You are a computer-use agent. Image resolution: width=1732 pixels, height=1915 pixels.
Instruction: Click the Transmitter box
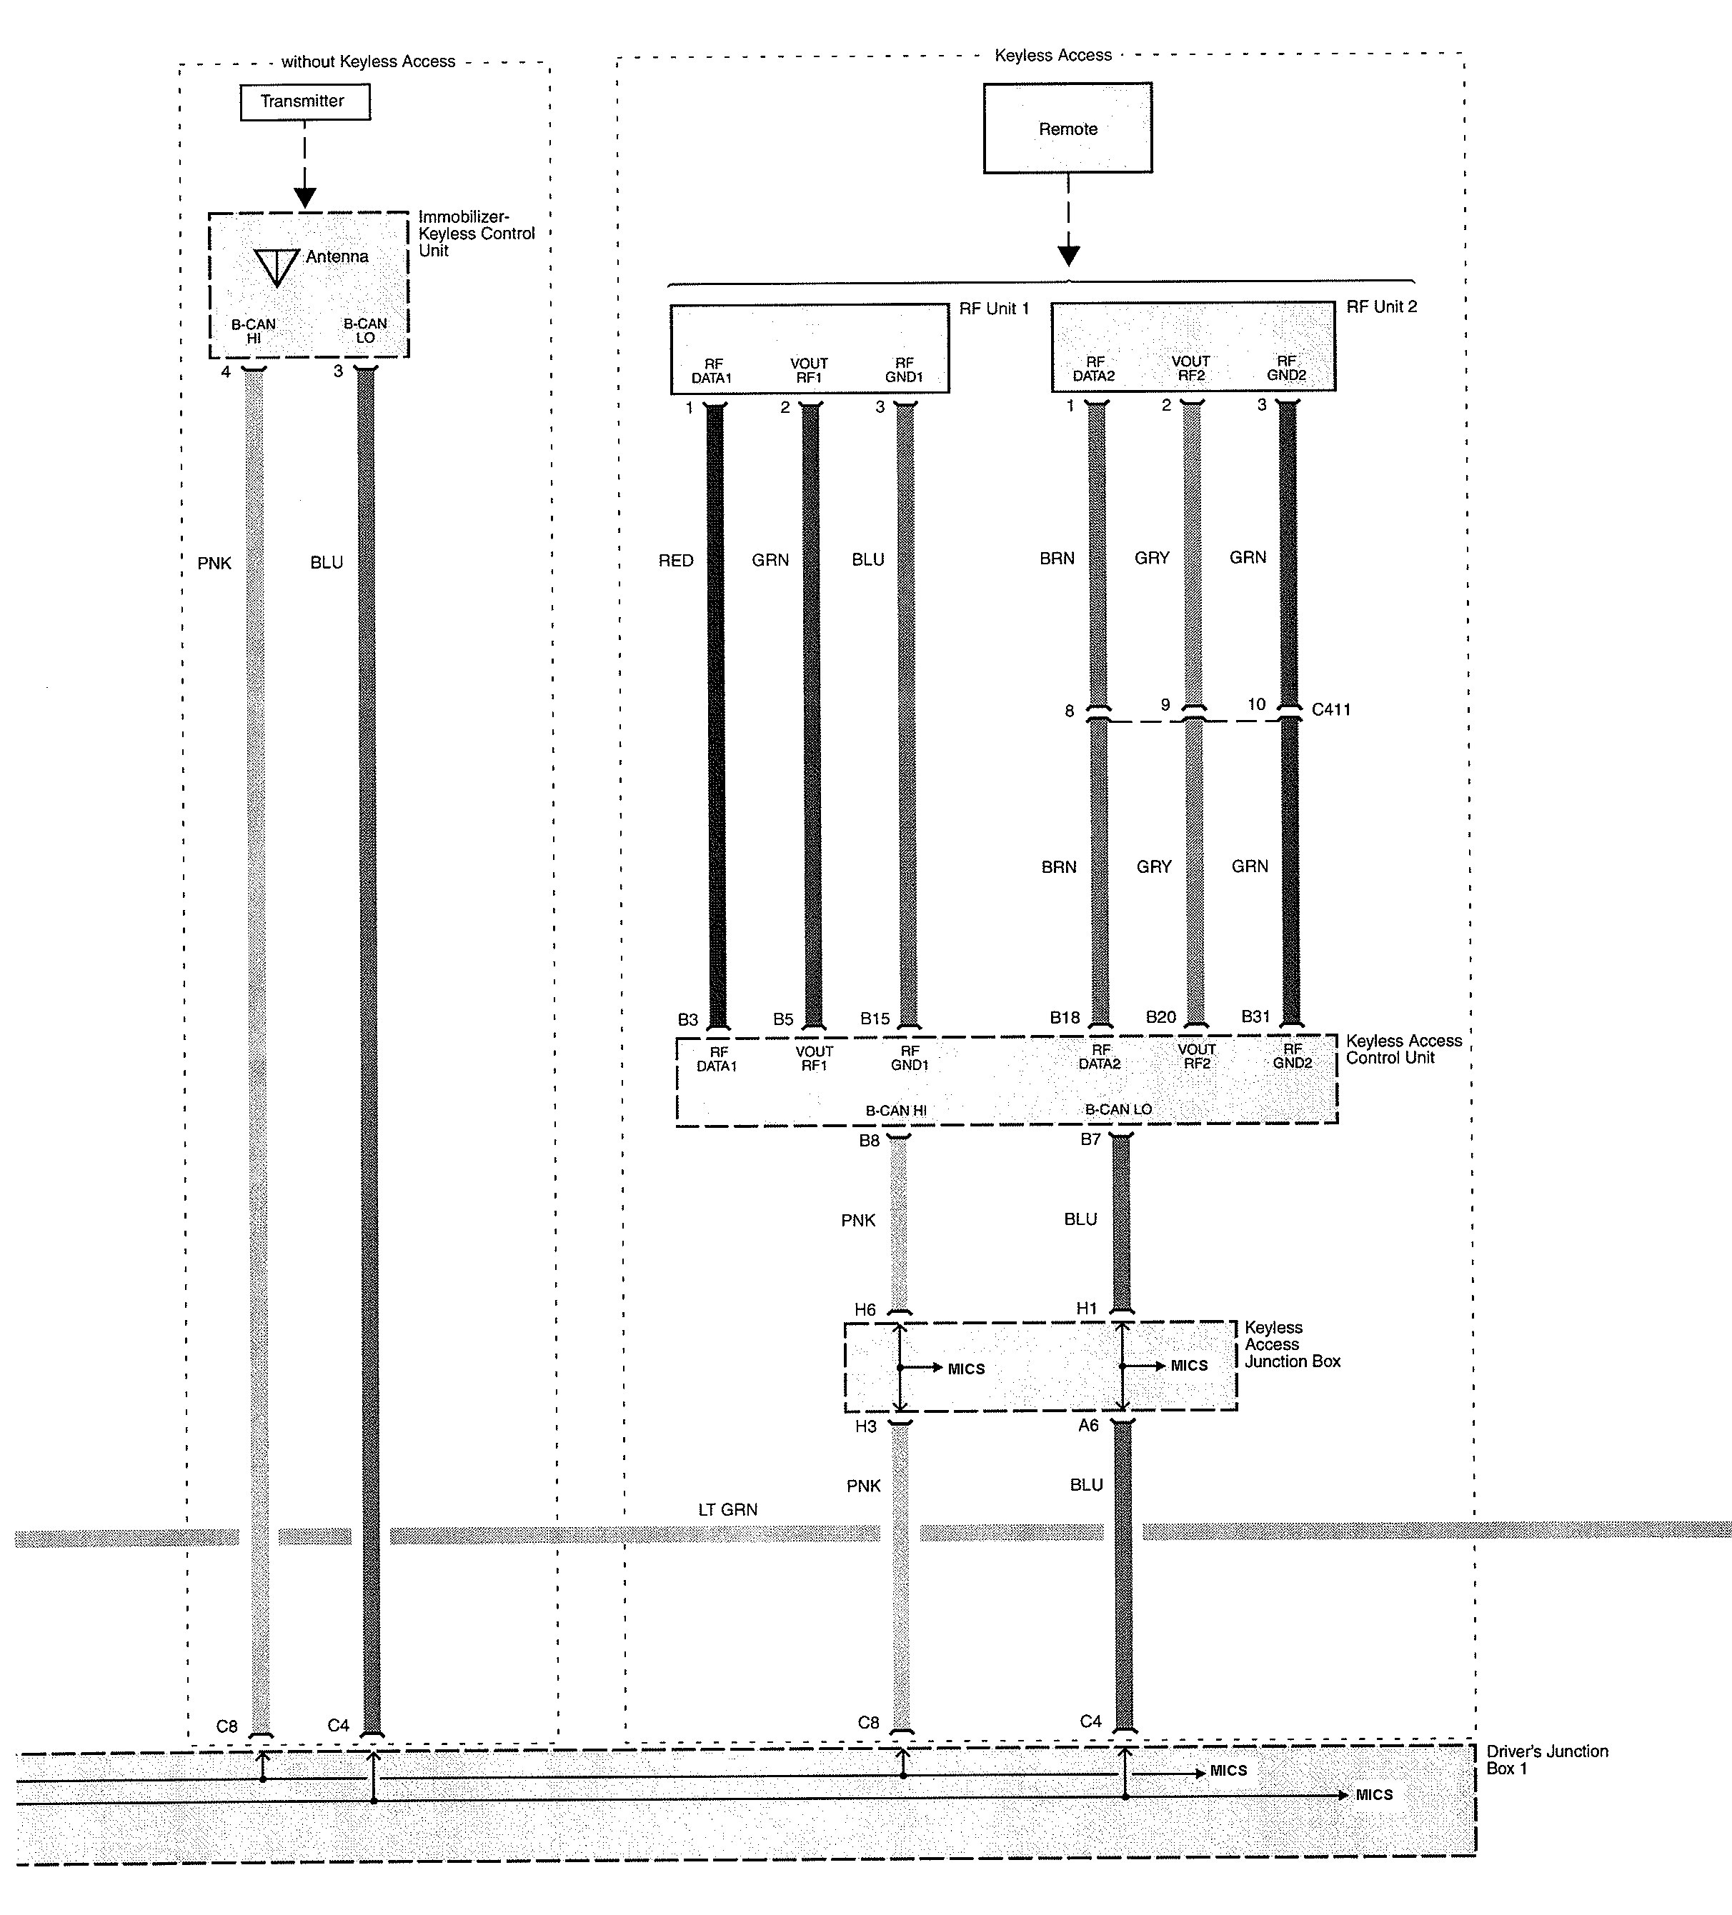pos(304,101)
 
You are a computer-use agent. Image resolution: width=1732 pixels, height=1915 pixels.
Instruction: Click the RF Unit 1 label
pos(994,309)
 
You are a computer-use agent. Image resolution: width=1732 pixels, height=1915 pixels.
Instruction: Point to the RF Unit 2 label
pos(1380,307)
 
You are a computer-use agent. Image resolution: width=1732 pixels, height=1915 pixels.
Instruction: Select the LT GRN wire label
pos(728,1509)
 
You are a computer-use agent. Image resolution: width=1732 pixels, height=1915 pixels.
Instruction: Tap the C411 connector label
pos(1330,709)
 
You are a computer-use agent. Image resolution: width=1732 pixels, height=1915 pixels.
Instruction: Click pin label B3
pos(688,1019)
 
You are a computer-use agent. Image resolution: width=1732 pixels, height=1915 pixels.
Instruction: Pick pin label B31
pos(1255,1016)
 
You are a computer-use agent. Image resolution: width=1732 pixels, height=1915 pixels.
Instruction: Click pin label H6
pos(865,1309)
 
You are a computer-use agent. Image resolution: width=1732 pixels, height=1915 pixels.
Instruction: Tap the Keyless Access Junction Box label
pos(1292,1344)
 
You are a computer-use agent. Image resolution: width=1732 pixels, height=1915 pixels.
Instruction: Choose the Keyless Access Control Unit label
pos(1403,1049)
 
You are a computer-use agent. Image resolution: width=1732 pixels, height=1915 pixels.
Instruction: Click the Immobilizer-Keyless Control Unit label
pos(476,234)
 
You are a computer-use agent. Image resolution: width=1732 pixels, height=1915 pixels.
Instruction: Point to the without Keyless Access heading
pos(368,61)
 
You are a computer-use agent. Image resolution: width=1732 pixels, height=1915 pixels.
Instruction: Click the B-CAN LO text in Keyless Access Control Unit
pos(1118,1109)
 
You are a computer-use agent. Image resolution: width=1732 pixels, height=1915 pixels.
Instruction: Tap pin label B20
pos(1160,1016)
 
